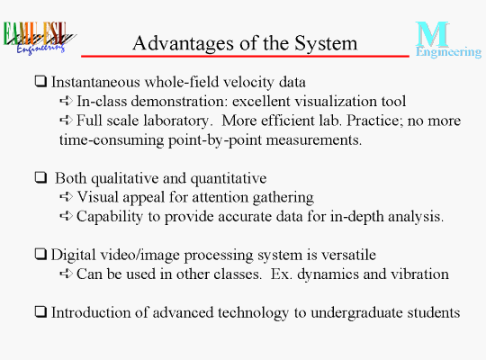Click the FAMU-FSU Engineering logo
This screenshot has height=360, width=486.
pos(39,38)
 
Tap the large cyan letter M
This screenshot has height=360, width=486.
pos(432,34)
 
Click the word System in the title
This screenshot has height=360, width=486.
pos(326,43)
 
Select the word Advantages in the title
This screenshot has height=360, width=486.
pos(184,43)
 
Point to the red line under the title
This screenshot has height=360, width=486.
pos(245,56)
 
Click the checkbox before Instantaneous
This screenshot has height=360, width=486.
pos(40,82)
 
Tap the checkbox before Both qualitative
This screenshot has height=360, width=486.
pos(40,177)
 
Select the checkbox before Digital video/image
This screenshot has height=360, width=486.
pos(40,255)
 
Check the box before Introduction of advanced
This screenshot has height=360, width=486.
pos(40,312)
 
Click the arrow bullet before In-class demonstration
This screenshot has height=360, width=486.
pos(66,101)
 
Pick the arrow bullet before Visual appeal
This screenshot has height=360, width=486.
pos(66,196)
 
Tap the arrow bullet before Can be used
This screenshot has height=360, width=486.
pos(66,274)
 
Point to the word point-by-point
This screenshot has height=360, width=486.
pos(215,140)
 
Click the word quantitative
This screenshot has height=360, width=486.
pos(229,179)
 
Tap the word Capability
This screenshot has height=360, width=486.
pos(110,217)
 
